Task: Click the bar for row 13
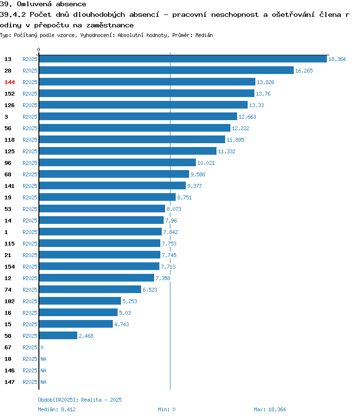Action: click(x=183, y=59)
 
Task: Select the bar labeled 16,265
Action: click(x=167, y=70)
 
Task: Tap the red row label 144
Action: click(x=10, y=82)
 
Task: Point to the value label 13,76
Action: click(x=263, y=94)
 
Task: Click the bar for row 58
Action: click(x=58, y=336)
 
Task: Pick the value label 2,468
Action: click(x=86, y=336)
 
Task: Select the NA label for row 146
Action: click(x=43, y=370)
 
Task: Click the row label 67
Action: click(x=8, y=347)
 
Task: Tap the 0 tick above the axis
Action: click(x=38, y=49)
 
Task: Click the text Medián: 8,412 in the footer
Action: click(x=57, y=409)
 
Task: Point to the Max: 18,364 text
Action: click(x=270, y=409)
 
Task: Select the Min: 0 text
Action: click(x=167, y=409)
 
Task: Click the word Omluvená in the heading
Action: click(x=35, y=4)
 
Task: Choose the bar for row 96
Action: click(x=118, y=162)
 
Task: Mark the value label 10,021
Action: click(x=206, y=163)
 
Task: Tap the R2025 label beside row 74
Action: click(x=30, y=290)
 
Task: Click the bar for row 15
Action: click(x=76, y=324)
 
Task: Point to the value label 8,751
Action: click(x=184, y=197)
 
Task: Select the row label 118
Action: click(x=10, y=140)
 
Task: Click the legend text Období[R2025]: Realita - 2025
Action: click(x=80, y=400)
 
